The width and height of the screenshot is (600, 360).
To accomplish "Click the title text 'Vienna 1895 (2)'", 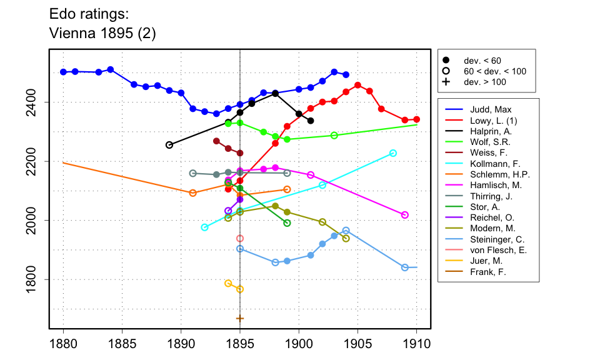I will pyautogui.click(x=102, y=34).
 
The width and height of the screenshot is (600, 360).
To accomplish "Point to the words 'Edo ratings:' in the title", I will pyautogui.click(x=89, y=14).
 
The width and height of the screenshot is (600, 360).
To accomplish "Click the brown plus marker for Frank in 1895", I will pyautogui.click(x=240, y=319).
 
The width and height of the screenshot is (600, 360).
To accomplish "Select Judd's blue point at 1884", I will pyautogui.click(x=110, y=69).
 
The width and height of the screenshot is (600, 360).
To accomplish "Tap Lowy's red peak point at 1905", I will pyautogui.click(x=357, y=85).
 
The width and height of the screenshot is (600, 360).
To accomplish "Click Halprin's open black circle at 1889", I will pyautogui.click(x=169, y=145).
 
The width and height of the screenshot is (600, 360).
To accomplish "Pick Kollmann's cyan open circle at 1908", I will pyautogui.click(x=393, y=153).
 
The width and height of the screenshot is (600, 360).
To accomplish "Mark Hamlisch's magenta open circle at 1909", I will pyautogui.click(x=405, y=215).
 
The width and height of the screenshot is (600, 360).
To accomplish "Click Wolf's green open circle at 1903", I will pyautogui.click(x=334, y=136).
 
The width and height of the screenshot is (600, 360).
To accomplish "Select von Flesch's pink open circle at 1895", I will pyautogui.click(x=240, y=239).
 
